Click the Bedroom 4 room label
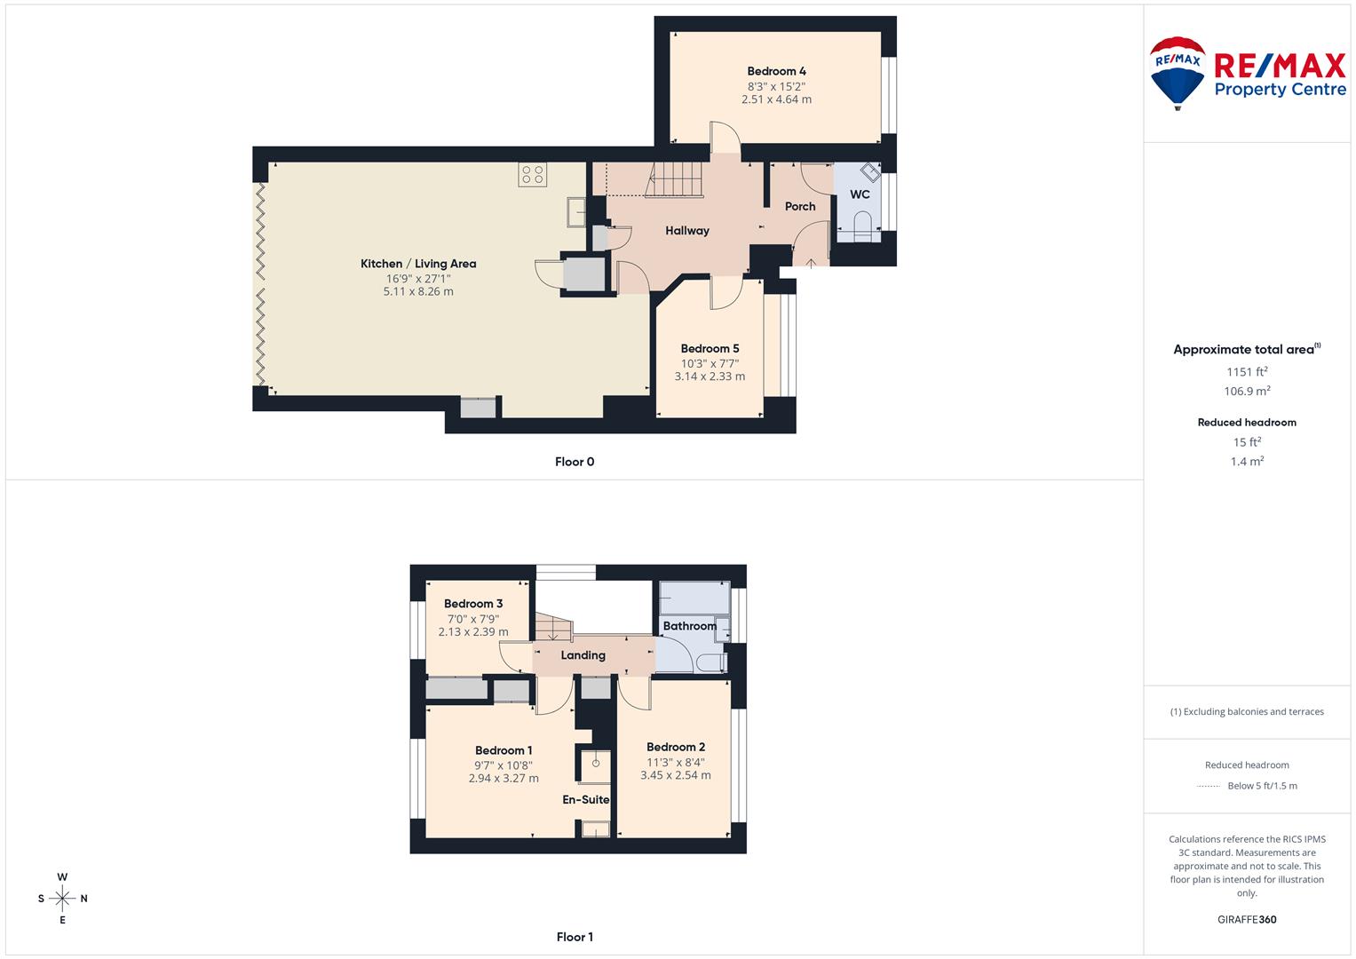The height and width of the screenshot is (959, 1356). tap(776, 71)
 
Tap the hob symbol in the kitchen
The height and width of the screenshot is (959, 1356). tap(533, 175)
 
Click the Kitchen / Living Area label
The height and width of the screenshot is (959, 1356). tap(418, 264)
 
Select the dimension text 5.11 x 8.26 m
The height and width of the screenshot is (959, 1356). tap(418, 292)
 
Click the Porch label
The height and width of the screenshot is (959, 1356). tap(800, 206)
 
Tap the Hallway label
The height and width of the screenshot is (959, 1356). tap(687, 231)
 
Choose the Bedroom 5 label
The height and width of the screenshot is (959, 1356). tap(710, 349)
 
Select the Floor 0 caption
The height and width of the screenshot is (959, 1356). tap(575, 462)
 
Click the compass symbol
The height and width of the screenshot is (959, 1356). tap(62, 899)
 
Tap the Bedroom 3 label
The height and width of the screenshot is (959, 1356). tap(473, 604)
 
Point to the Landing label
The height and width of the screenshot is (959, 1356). tap(583, 655)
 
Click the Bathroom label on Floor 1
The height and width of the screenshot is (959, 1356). tap(690, 626)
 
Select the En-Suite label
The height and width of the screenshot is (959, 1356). tap(586, 799)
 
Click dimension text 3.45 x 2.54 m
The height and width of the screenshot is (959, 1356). tap(675, 775)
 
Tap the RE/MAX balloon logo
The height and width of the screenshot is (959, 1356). tap(1178, 72)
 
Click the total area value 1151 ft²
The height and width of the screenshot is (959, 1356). tap(1247, 372)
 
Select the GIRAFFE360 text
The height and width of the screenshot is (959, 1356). tap(1247, 920)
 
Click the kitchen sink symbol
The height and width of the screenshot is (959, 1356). tap(575, 211)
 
